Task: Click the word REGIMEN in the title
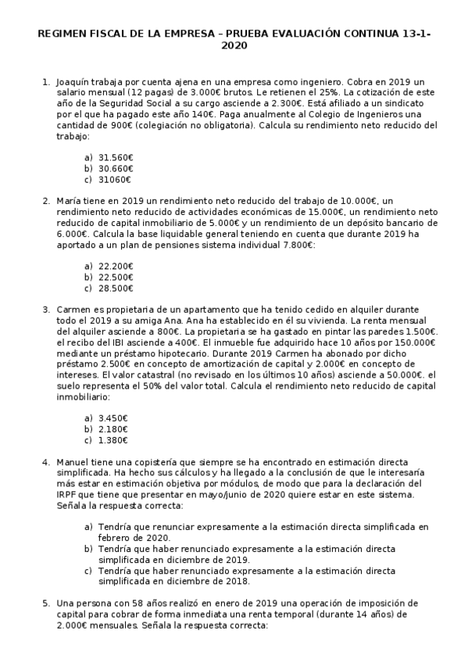[x=61, y=34]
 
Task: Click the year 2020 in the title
[x=234, y=46]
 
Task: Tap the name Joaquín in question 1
[x=73, y=81]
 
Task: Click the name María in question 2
[x=69, y=201]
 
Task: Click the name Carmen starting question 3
[x=74, y=310]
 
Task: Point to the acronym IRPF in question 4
[x=68, y=495]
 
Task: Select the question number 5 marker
[x=45, y=604]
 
